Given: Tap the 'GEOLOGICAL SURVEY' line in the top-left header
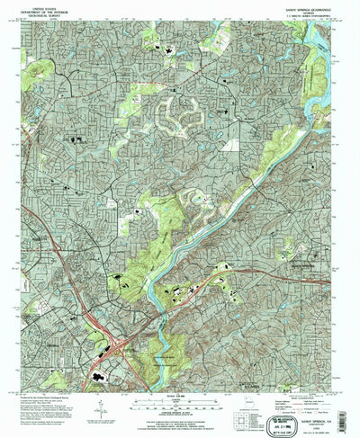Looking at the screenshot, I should [43, 14].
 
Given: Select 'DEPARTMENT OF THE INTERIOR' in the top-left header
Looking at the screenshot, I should [43, 10].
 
